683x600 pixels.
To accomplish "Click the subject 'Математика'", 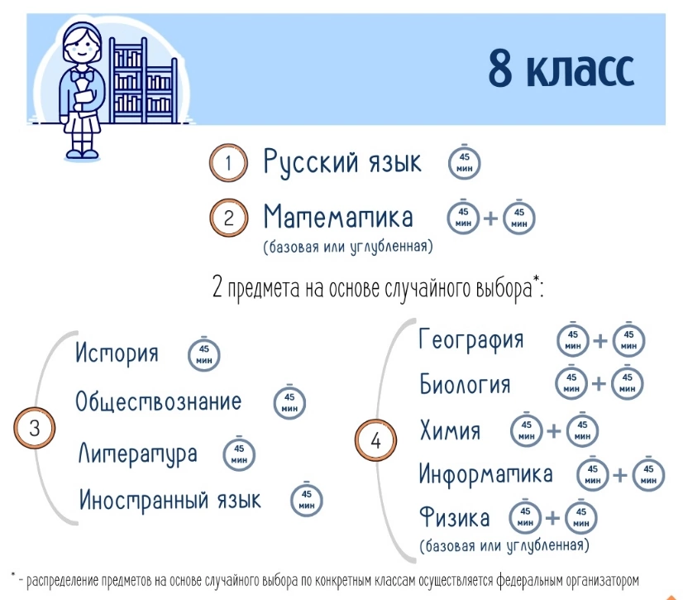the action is (x=338, y=216).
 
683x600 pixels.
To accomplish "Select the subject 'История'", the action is (x=117, y=353).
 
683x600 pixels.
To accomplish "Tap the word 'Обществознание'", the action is (x=158, y=401).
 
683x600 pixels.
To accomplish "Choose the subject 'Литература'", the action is (x=137, y=454).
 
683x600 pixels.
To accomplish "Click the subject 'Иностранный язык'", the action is (x=170, y=499).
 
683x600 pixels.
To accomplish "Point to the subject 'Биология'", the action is (x=465, y=385).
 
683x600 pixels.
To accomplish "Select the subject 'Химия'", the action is (x=450, y=430).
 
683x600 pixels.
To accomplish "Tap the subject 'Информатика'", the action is (x=485, y=474).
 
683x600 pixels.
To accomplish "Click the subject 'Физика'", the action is (x=454, y=517).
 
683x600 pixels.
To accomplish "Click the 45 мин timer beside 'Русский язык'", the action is (x=465, y=163).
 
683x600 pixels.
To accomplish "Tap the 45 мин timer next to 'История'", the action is (x=204, y=354).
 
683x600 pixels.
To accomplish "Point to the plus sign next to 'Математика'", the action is (x=491, y=218).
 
